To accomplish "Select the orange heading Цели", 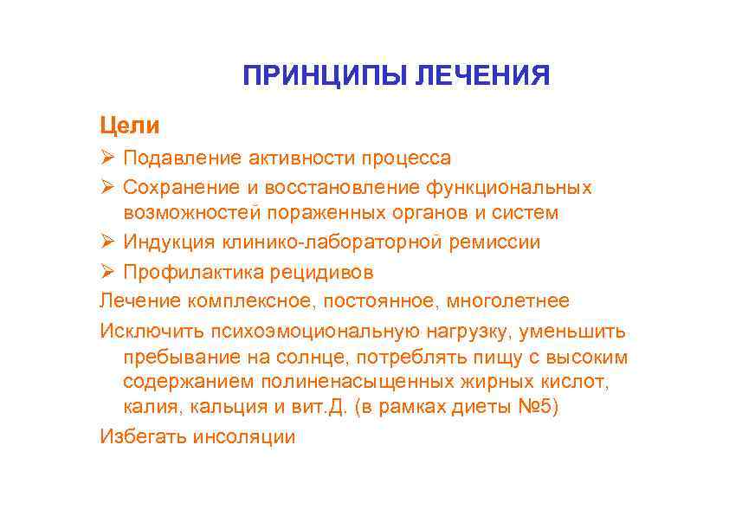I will click(130, 126).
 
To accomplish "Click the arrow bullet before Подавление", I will click(106, 158).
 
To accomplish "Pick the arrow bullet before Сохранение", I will click(106, 187).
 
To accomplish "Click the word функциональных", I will click(520, 187).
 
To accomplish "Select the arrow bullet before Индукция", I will click(106, 242).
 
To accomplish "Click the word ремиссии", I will click(494, 242).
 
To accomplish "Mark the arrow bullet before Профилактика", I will click(106, 272).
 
